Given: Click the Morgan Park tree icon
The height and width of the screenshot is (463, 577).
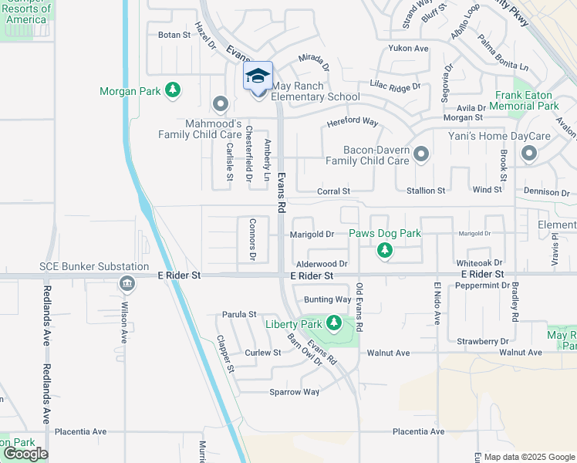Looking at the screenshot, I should click(173, 91).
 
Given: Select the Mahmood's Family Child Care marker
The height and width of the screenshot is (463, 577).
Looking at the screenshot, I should click(221, 103).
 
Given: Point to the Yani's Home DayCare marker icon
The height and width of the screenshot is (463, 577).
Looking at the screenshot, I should click(529, 154).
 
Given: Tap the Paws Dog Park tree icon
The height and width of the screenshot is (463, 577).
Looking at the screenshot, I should click(385, 250).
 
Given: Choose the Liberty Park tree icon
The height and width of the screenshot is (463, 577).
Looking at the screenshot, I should click(334, 323).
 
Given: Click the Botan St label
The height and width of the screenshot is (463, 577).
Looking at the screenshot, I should click(174, 35).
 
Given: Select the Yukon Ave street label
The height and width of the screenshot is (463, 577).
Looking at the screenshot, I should click(409, 48).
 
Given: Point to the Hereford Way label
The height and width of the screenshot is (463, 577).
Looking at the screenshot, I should click(352, 122).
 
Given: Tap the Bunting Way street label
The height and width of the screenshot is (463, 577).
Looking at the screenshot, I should click(328, 299).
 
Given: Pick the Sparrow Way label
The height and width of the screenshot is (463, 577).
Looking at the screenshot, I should click(294, 392).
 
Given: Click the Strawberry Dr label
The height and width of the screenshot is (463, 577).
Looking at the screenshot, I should click(483, 340).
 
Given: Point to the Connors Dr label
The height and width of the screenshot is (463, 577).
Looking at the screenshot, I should click(252, 239).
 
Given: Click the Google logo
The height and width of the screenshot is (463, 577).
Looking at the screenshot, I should click(25, 454).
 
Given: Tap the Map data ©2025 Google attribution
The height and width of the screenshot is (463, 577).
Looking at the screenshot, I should click(528, 457).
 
